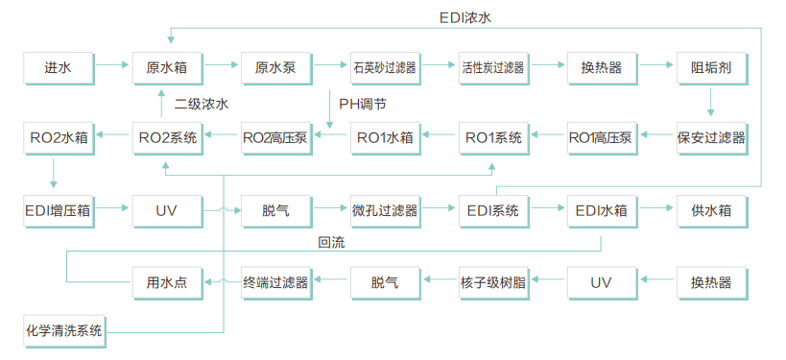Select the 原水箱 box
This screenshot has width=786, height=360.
click(166, 67)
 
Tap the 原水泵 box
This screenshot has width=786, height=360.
click(274, 67)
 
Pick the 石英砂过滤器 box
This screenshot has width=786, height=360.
click(384, 67)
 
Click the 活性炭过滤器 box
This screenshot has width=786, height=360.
click(492, 67)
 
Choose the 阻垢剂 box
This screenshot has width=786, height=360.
click(711, 67)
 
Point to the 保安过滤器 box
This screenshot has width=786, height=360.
click(711, 137)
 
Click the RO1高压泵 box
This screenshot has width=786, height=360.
click(602, 137)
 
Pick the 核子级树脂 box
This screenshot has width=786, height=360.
click(492, 282)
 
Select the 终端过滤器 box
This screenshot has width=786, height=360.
click(275, 282)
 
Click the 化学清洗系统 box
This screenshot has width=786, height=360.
click(64, 331)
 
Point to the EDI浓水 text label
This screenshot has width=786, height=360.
click(467, 16)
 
